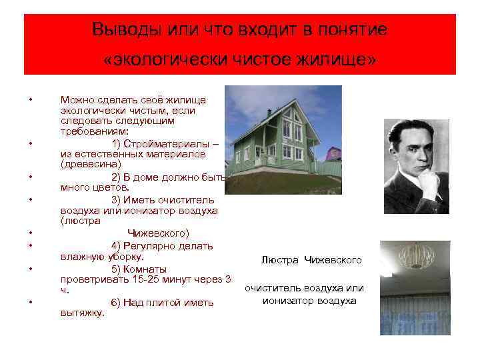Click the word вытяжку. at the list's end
point(83,313)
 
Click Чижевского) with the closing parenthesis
point(158,233)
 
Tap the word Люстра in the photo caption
point(280,259)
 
